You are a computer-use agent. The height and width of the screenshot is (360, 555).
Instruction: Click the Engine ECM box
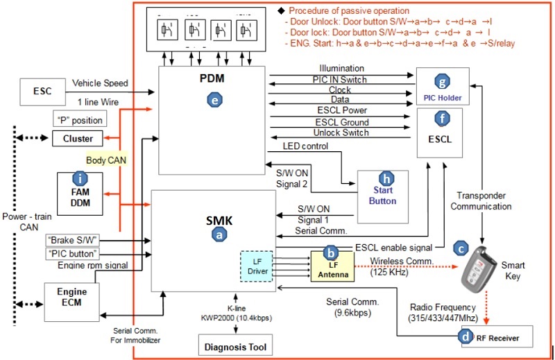[72, 300]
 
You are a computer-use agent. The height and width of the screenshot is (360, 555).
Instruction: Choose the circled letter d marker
[464, 338]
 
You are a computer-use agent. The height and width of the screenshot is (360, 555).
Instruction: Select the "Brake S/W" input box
[71, 239]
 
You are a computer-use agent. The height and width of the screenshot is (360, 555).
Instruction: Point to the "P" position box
[79, 119]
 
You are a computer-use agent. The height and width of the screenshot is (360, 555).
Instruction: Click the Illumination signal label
[341, 68]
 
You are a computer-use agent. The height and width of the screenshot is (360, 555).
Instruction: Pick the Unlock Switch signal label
[341, 133]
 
